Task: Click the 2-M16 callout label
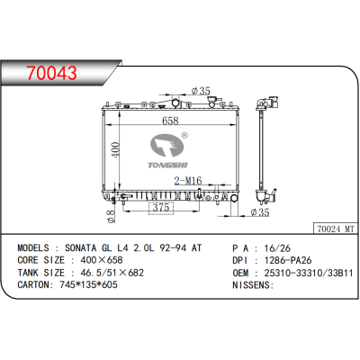click(x=187, y=181)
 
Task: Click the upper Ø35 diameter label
click(x=202, y=90)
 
